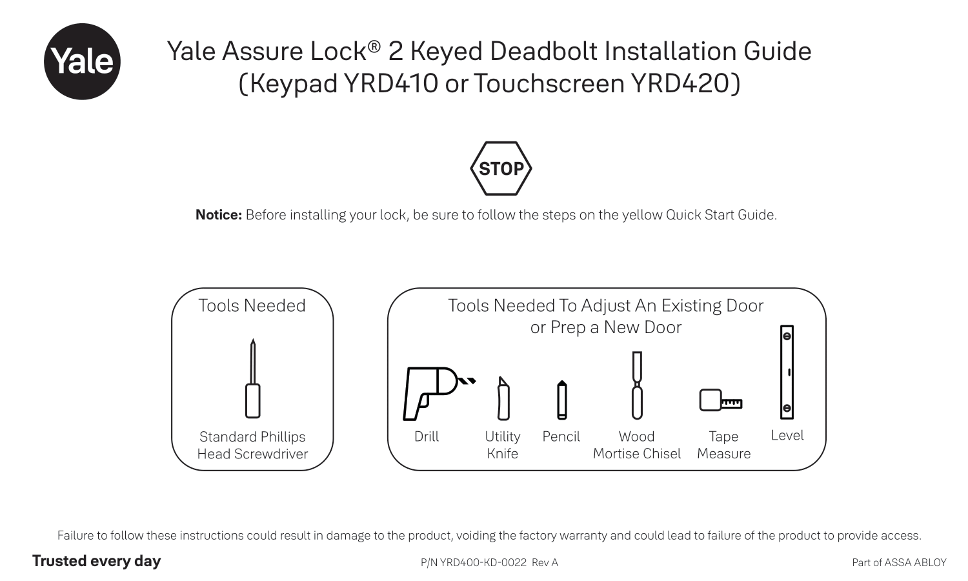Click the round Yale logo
tap(82, 61)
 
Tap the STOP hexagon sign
tap(501, 168)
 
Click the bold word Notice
tap(218, 215)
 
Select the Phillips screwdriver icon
tap(253, 380)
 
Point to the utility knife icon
tap(503, 399)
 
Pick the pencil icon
tap(562, 400)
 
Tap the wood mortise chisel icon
tap(637, 385)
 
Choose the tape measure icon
tap(719, 401)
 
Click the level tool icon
tap(787, 372)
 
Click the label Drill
tap(427, 437)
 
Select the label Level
tap(787, 436)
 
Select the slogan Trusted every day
tap(96, 561)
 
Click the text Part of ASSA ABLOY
tap(899, 563)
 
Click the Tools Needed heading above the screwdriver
tap(252, 306)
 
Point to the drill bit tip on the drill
tap(470, 381)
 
